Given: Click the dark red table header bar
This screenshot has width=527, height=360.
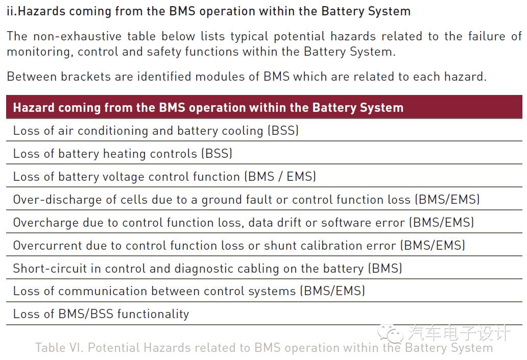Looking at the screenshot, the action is tap(263, 107).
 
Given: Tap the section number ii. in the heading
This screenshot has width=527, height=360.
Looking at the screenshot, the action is tap(12, 11).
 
